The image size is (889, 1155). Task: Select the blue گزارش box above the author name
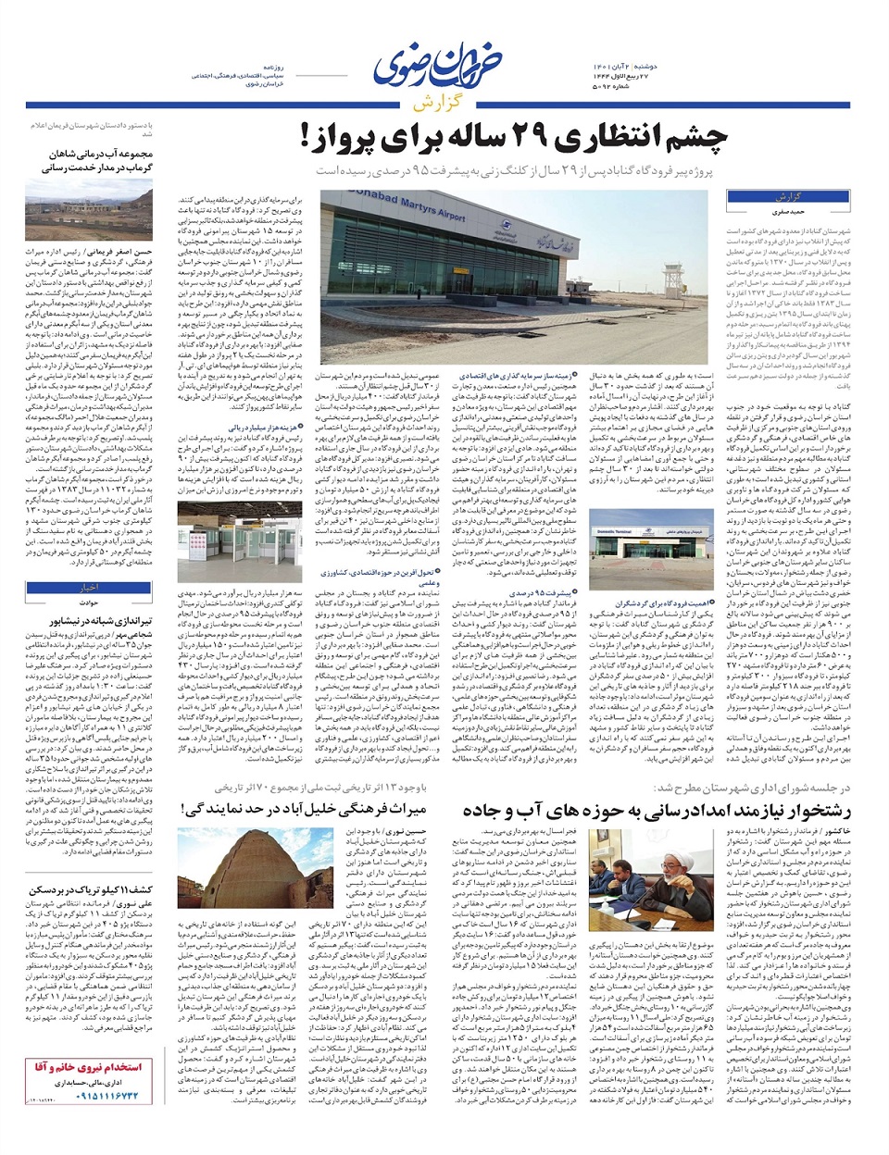pyautogui.click(x=787, y=196)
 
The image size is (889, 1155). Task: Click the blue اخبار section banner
pyautogui.click(x=90, y=587)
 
